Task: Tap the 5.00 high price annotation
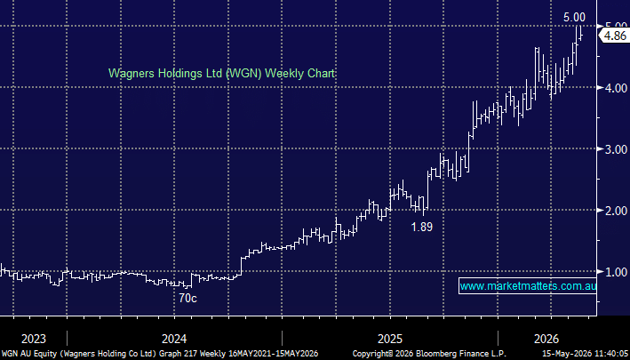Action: tap(574, 17)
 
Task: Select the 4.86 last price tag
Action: tap(615, 36)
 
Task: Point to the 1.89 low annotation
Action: tap(422, 227)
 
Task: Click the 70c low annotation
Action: tap(187, 298)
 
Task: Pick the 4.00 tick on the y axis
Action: tap(617, 88)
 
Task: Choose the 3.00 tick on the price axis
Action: tap(617, 149)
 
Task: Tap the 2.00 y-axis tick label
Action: tap(617, 211)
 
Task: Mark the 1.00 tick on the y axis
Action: tap(617, 272)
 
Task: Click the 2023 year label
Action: tap(34, 339)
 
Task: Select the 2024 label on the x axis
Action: tap(174, 339)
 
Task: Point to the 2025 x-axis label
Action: tap(390, 339)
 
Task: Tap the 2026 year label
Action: tap(546, 339)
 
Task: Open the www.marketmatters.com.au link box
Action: tap(528, 286)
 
